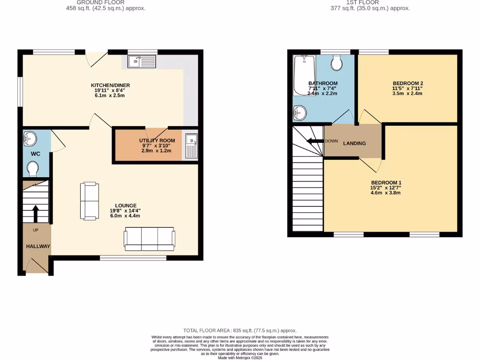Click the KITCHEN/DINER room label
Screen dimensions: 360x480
click(110, 85)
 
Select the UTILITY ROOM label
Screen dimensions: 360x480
click(157, 141)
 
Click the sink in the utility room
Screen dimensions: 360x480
click(191, 145)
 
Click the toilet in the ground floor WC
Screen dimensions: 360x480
click(33, 168)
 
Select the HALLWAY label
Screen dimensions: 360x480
click(38, 246)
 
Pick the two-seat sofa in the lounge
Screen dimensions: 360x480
click(90, 201)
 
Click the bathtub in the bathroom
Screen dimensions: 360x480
click(304, 75)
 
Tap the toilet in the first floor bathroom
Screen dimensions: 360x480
click(336, 62)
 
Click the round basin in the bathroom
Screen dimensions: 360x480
click(300, 112)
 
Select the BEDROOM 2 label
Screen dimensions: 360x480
click(407, 83)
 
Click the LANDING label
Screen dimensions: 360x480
click(354, 143)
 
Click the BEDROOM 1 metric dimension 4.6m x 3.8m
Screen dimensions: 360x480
click(386, 193)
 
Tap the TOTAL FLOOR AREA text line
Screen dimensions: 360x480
click(240, 330)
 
